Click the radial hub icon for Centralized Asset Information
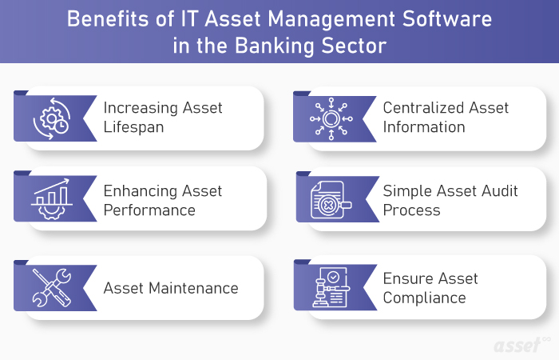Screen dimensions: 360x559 (x=330, y=119)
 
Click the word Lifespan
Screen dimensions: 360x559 (x=133, y=127)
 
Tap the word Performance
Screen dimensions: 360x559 (x=149, y=210)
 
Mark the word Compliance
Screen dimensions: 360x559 (x=424, y=298)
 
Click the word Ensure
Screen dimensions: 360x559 (x=406, y=278)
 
